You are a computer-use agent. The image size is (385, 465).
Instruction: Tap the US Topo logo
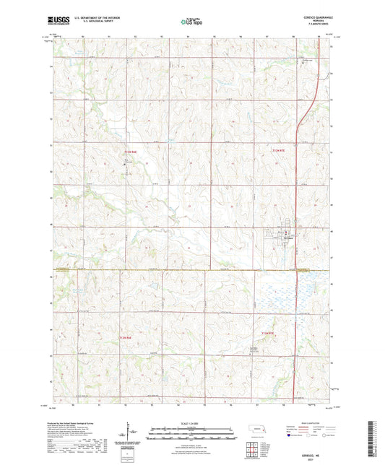coord(192,22)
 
